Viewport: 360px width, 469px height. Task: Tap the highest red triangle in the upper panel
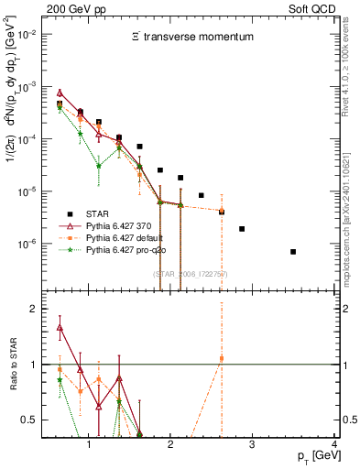[x=60, y=93]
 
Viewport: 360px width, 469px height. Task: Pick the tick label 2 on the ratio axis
[x=33, y=309]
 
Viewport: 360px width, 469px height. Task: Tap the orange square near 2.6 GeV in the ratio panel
[x=222, y=358]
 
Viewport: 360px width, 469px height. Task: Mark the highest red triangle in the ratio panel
[x=60, y=327]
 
